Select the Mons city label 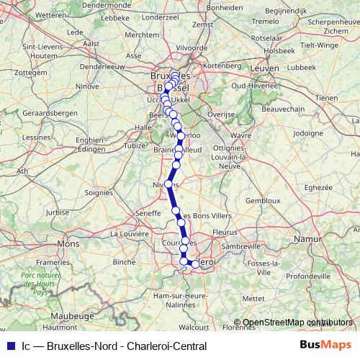click(x=68, y=244)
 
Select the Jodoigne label click(x=309, y=132)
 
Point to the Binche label click(x=124, y=262)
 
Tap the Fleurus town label click(x=225, y=232)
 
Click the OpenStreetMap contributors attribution click(x=297, y=323)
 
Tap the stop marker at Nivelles click(x=168, y=184)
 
